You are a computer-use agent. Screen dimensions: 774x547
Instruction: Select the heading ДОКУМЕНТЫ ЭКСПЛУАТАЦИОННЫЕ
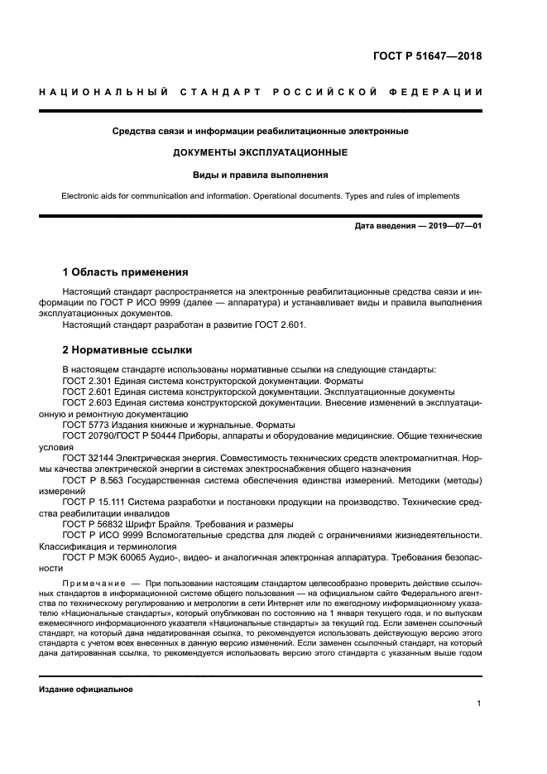pos(260,153)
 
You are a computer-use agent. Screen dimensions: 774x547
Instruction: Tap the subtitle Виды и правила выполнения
pos(260,175)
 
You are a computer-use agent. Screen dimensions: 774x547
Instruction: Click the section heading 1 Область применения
pos(125,272)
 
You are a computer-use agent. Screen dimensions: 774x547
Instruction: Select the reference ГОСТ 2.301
pos(87,380)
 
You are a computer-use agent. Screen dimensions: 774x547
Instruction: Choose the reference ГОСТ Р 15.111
pos(94,502)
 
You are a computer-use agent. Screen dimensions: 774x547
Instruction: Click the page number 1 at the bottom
pos(478,704)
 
